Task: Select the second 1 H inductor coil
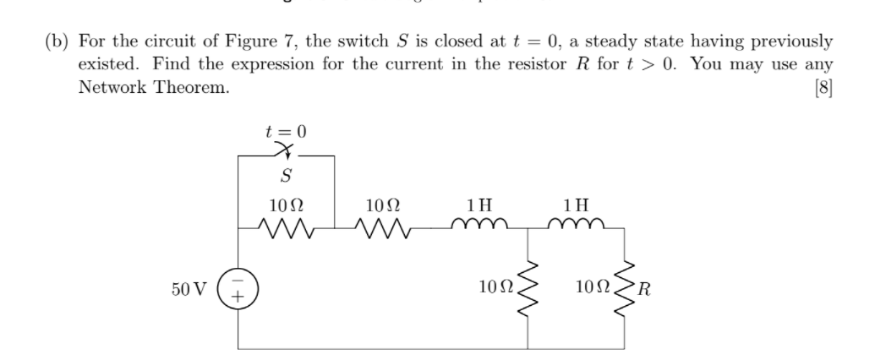[577, 226]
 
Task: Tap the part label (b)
[59, 41]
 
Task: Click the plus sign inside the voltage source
[238, 297]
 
